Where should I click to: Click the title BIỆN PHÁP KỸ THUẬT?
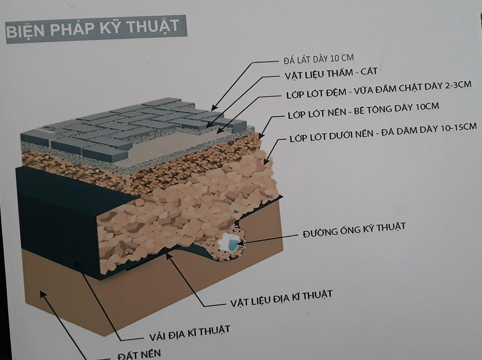point(93,28)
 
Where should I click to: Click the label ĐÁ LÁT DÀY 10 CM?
point(319,59)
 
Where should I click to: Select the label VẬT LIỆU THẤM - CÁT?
point(331,74)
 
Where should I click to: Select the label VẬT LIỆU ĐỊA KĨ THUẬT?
point(281,298)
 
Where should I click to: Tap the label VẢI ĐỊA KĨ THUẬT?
point(189,333)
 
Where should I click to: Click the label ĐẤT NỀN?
point(139,355)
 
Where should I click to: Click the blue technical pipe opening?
point(233,245)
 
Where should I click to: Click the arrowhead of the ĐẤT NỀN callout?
point(43,294)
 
